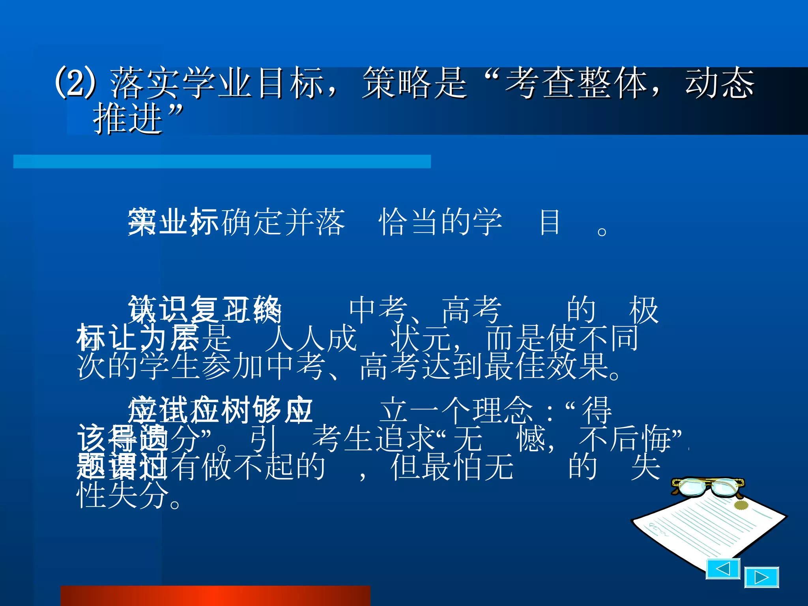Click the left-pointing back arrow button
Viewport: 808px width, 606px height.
(722, 569)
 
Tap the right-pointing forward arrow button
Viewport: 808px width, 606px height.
(761, 578)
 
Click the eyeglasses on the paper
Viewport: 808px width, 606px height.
(707, 486)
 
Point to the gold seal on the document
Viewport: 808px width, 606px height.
(741, 505)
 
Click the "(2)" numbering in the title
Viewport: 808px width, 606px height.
(75, 82)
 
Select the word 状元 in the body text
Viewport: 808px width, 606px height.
(421, 338)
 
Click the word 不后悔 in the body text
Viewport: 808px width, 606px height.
(626, 439)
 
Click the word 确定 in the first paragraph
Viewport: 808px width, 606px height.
(252, 222)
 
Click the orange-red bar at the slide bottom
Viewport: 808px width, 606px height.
(215, 596)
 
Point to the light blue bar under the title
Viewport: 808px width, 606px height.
(222, 161)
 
